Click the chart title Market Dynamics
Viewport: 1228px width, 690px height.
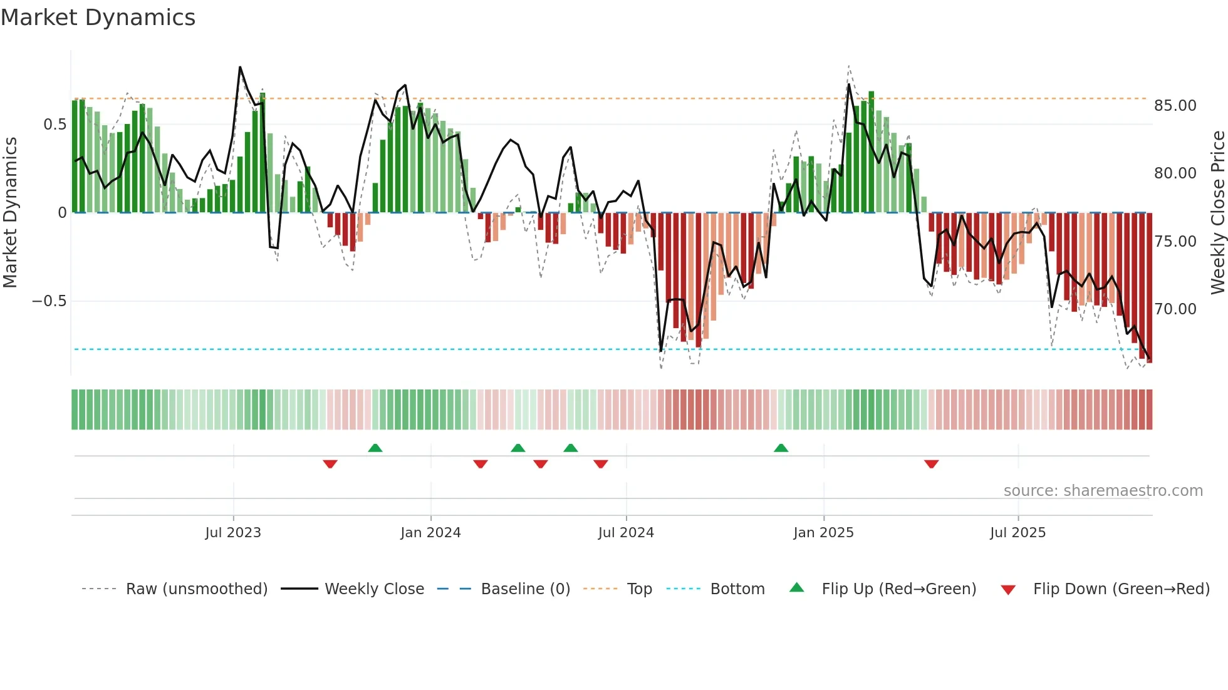[98, 18]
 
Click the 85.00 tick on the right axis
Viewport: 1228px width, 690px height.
[1175, 106]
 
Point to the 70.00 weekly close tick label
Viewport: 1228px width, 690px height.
[1175, 309]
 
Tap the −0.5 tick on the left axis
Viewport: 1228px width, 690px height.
[49, 301]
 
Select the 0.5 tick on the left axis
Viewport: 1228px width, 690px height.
[55, 125]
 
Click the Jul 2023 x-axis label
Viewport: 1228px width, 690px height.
[233, 533]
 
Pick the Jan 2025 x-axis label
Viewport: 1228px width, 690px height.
[823, 533]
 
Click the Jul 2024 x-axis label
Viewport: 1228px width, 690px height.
[626, 533]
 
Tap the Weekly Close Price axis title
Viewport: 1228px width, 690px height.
[1217, 212]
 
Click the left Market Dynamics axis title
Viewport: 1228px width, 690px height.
[10, 212]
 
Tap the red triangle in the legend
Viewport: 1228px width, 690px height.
[1008, 590]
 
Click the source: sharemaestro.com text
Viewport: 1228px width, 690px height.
[1103, 491]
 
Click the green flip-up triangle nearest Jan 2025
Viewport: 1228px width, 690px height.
[781, 448]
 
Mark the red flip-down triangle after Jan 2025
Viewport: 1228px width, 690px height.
[931, 464]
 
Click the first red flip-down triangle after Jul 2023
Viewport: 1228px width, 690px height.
[330, 464]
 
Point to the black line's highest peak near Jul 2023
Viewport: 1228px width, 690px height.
[240, 67]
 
